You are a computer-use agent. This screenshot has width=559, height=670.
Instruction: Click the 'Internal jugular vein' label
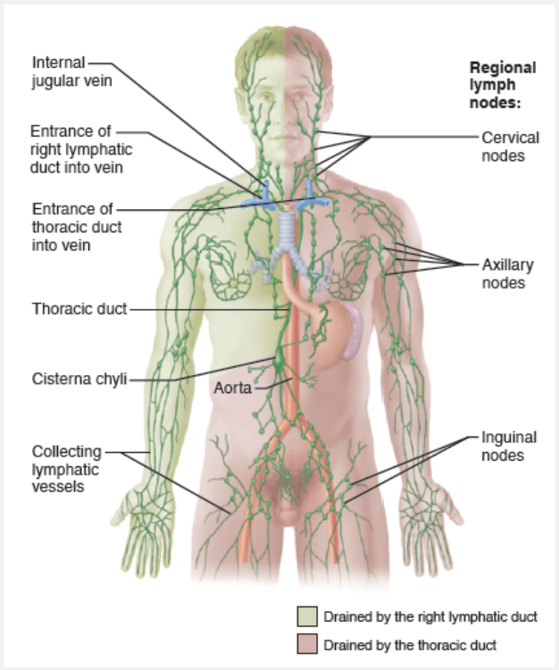[58, 71]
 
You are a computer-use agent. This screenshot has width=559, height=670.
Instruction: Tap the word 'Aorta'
[231, 389]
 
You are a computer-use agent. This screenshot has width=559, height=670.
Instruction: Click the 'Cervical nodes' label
[503, 147]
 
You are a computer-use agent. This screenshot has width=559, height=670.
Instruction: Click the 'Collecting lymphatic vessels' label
[67, 469]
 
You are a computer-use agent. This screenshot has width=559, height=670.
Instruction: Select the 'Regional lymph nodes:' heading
[503, 85]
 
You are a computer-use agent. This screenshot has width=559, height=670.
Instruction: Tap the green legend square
[307, 616]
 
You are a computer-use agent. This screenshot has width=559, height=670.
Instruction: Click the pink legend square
[307, 643]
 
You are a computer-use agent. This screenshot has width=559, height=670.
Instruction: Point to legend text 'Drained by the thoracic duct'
[410, 644]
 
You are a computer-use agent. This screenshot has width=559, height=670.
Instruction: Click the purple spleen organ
[356, 331]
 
